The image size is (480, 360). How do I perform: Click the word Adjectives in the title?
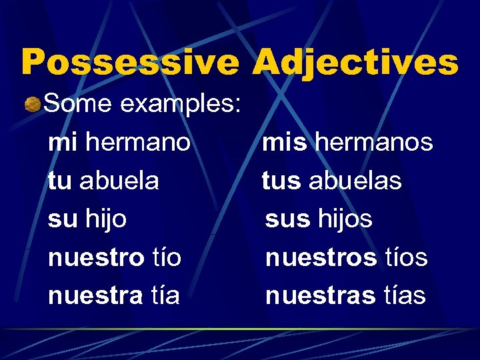point(355,62)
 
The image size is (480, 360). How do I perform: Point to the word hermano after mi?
point(139,142)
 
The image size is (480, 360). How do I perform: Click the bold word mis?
point(285,142)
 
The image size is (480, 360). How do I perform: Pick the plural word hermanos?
point(373,142)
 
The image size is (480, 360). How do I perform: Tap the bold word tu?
point(60,181)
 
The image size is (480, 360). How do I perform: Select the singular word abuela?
point(119,181)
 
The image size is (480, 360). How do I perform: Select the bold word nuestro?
point(96,257)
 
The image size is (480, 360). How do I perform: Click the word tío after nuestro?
point(165,257)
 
